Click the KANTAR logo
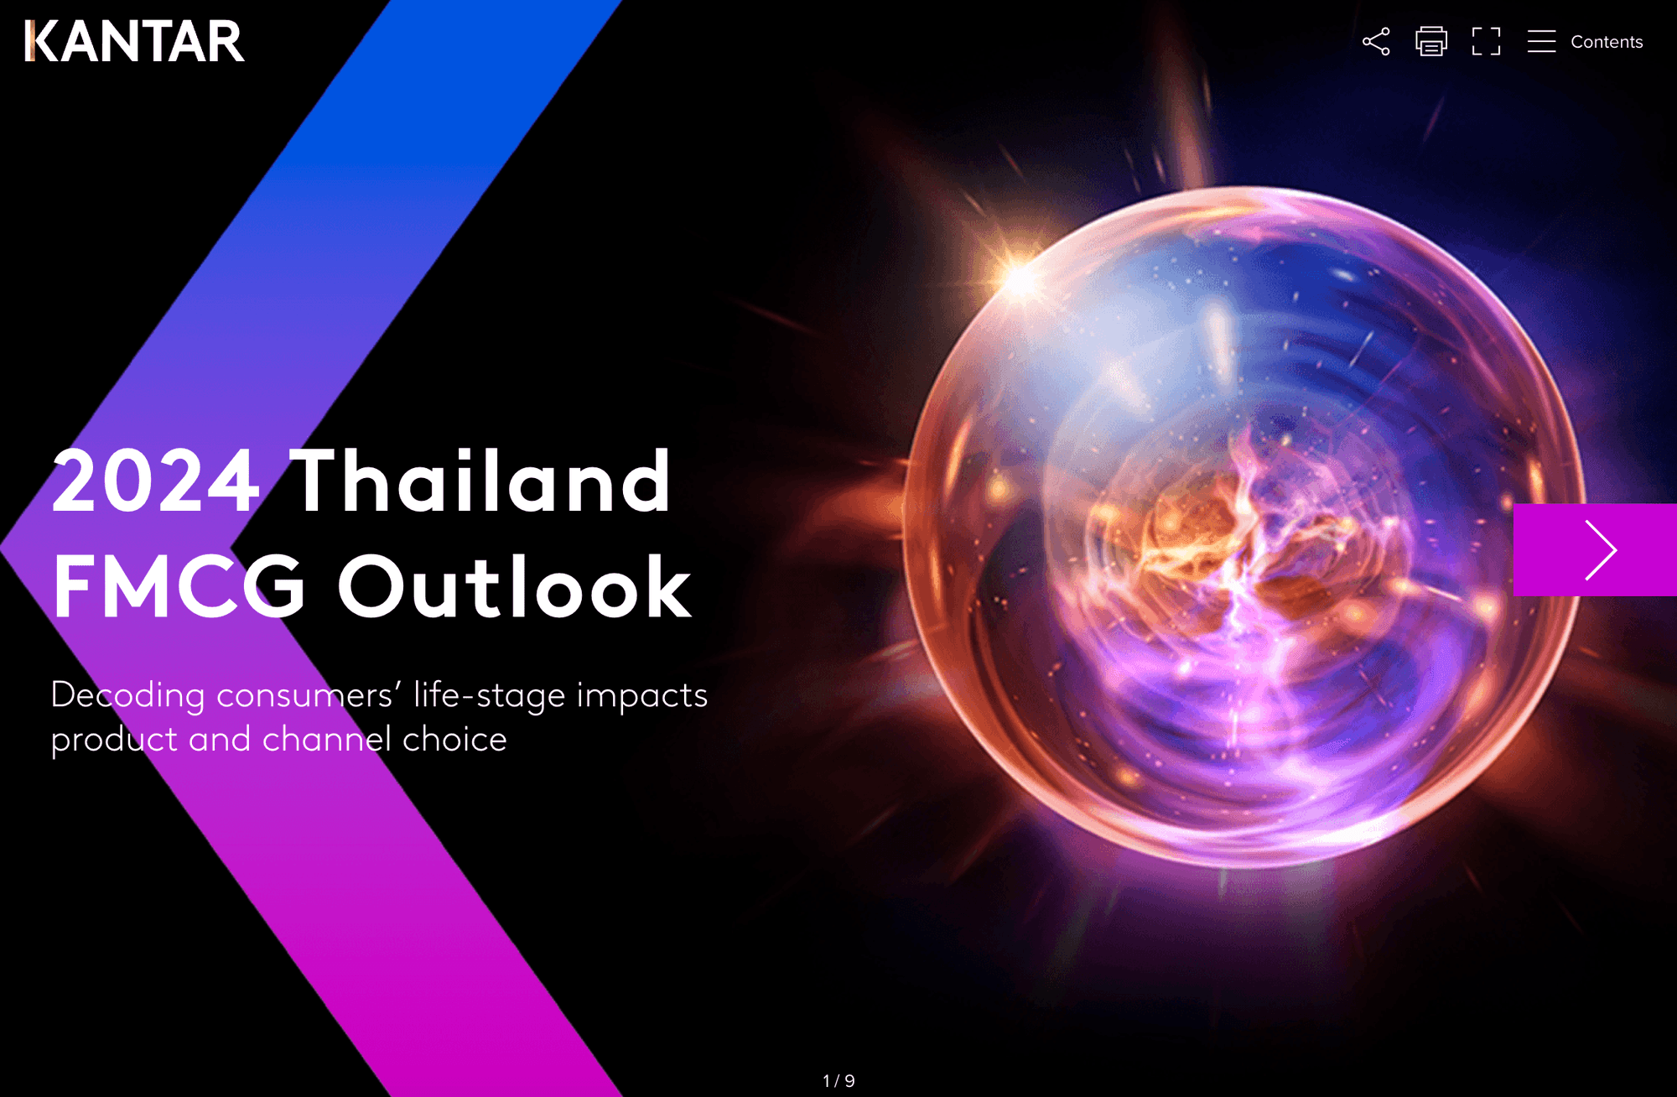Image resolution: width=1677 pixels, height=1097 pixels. click(135, 41)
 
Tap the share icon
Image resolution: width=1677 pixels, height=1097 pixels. click(1376, 41)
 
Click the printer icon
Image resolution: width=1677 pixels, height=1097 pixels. click(1431, 41)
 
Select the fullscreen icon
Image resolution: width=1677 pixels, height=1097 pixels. click(1486, 41)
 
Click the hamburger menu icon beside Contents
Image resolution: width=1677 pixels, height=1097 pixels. click(1541, 41)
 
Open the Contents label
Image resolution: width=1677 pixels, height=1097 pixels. click(1607, 42)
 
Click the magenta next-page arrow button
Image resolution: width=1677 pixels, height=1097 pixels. click(1595, 550)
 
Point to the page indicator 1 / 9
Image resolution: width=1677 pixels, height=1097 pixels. click(838, 1081)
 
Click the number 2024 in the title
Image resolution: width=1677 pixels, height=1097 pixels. click(156, 481)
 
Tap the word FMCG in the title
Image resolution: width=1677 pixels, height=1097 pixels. click(179, 587)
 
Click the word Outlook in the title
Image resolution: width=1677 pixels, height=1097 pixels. click(515, 586)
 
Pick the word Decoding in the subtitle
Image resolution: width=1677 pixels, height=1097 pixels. click(127, 697)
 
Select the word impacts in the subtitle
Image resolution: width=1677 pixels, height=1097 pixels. click(642, 697)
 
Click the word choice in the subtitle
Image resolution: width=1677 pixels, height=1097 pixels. click(454, 739)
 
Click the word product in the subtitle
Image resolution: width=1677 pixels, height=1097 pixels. click(114, 741)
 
